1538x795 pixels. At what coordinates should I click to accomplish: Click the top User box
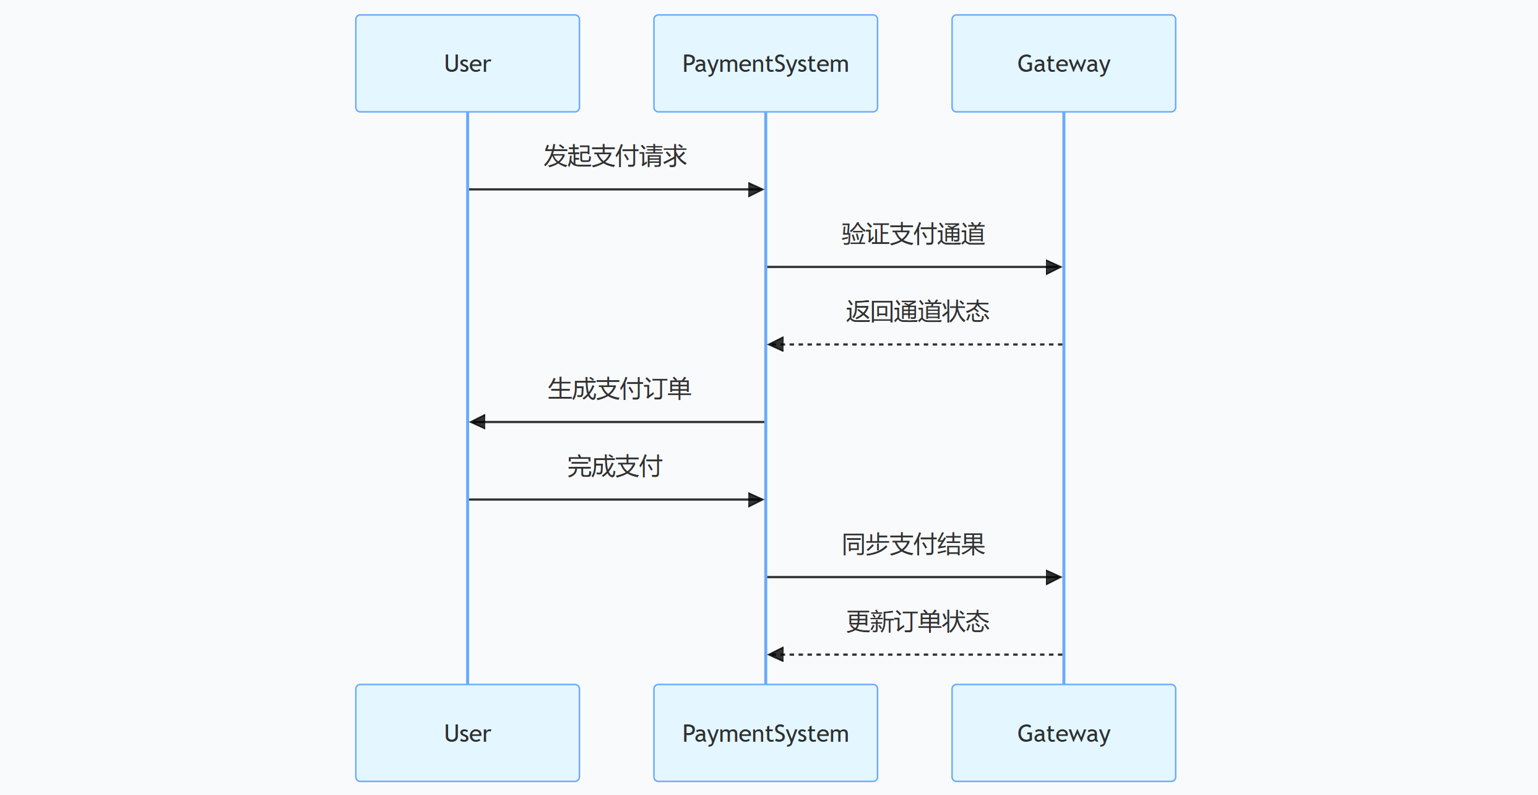pos(467,63)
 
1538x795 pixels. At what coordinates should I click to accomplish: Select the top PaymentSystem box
pos(765,63)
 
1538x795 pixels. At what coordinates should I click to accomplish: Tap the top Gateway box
pos(1063,63)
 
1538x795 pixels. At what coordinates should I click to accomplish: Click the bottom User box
pos(467,732)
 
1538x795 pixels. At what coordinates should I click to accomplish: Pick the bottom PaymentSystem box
pos(765,732)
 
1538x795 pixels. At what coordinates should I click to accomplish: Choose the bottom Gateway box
pos(1063,732)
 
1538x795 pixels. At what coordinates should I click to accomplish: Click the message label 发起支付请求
pos(615,156)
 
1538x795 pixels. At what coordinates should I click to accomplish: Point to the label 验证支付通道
pos(914,234)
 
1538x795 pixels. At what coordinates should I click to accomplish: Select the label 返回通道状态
pos(917,311)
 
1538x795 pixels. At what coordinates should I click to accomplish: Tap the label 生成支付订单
pos(619,389)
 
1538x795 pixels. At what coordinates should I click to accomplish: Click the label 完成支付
pos(615,466)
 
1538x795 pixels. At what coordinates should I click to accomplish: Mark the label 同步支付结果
pos(914,544)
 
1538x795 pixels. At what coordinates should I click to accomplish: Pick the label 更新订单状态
pos(917,622)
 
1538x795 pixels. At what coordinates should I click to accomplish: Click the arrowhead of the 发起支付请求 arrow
pos(756,189)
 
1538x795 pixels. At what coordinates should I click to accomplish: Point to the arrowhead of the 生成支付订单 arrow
pos(477,422)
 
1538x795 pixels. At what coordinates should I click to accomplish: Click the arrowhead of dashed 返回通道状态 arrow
pos(775,344)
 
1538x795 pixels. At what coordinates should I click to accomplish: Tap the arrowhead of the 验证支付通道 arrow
pos(1054,267)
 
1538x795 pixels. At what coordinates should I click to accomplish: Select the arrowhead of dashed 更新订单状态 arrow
pos(775,654)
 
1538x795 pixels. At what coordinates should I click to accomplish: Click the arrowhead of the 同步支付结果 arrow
pos(1054,578)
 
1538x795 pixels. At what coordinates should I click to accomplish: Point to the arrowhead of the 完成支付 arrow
pos(756,500)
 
